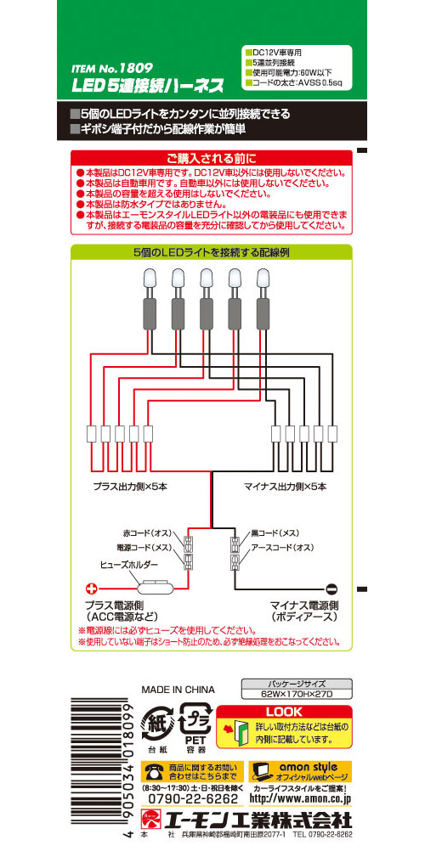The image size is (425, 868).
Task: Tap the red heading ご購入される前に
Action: [211, 158]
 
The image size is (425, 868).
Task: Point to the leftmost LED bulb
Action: [149, 279]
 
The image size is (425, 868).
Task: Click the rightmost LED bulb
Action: [263, 279]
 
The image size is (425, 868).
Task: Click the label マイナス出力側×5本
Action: [286, 488]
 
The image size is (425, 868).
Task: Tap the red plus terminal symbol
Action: [92, 589]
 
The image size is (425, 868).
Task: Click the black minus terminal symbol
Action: [331, 589]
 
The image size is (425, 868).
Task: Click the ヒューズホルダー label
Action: [129, 565]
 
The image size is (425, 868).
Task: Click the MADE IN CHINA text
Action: [178, 690]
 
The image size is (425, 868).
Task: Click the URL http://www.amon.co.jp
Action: [300, 799]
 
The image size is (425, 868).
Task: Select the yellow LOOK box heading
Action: [284, 713]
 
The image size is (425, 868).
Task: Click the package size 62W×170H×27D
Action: [297, 695]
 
